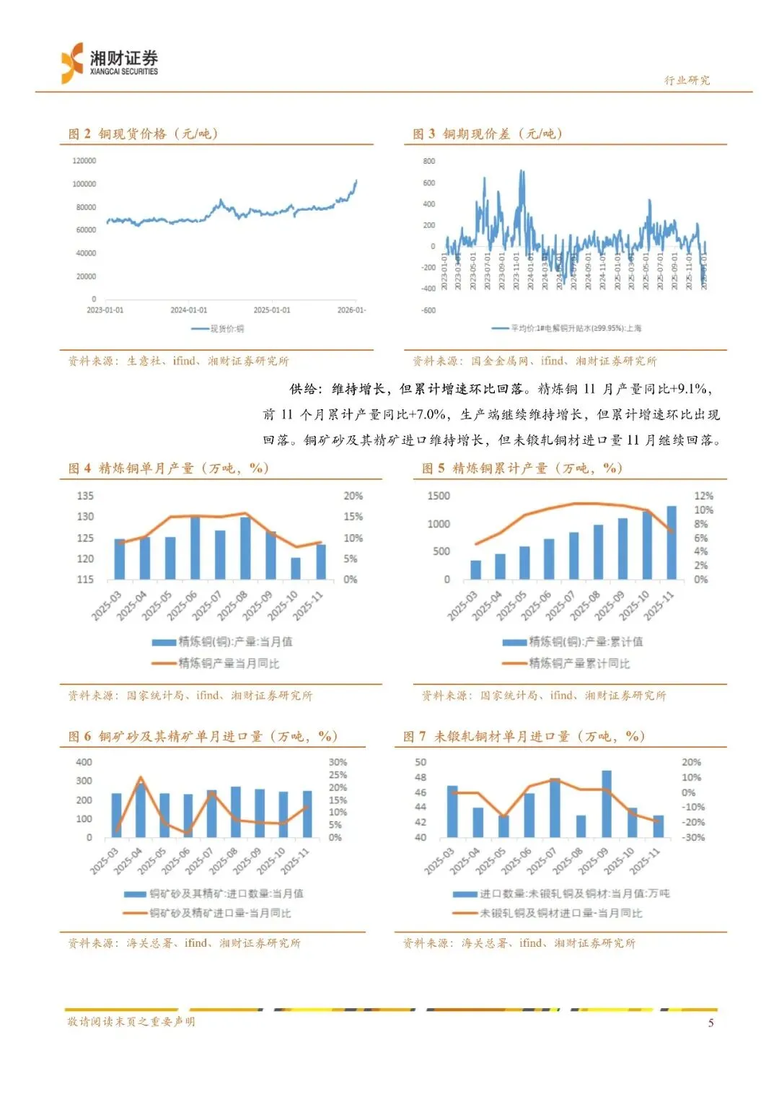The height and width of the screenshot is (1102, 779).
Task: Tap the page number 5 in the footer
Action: [x=710, y=1022]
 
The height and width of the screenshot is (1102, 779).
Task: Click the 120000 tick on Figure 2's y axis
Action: [x=84, y=161]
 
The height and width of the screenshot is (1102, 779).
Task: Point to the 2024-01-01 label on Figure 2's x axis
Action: [x=188, y=310]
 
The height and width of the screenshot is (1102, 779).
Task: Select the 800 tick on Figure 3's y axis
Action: [x=429, y=161]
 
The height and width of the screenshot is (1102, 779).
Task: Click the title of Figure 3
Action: [x=488, y=134]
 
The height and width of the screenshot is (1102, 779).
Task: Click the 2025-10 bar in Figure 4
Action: [x=296, y=568]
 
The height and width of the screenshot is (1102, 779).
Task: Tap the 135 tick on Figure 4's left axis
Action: [x=85, y=496]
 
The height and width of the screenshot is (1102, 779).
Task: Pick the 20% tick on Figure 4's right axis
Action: [x=353, y=496]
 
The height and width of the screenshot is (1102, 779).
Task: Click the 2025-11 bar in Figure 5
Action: [x=672, y=543]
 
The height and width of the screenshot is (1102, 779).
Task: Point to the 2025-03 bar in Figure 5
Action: [x=475, y=569]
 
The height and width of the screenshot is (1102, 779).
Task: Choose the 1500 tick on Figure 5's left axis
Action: [x=439, y=496]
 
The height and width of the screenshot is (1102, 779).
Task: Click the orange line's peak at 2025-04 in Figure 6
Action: [x=140, y=778]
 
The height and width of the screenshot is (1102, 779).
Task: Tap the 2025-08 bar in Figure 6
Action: [x=236, y=812]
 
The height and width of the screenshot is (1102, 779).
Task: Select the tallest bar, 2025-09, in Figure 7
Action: [x=607, y=804]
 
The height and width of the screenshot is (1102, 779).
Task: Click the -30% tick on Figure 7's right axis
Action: [x=693, y=837]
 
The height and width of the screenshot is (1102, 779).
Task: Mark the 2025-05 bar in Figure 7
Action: [x=503, y=826]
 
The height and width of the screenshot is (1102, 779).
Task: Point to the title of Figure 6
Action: [x=203, y=736]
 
